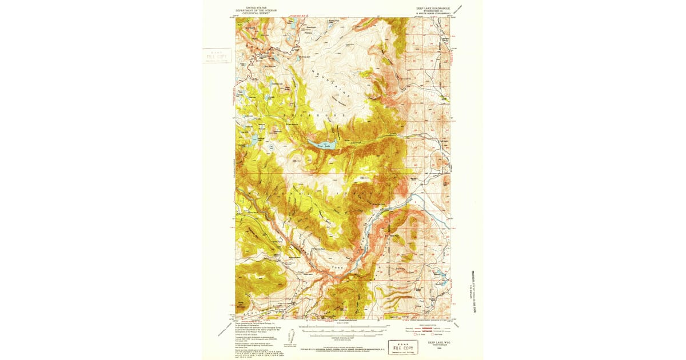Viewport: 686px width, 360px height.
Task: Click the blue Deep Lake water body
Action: click(x=321, y=145)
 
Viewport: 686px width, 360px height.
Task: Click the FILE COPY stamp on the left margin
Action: click(x=216, y=56)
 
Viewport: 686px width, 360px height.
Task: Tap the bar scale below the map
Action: click(x=343, y=329)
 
